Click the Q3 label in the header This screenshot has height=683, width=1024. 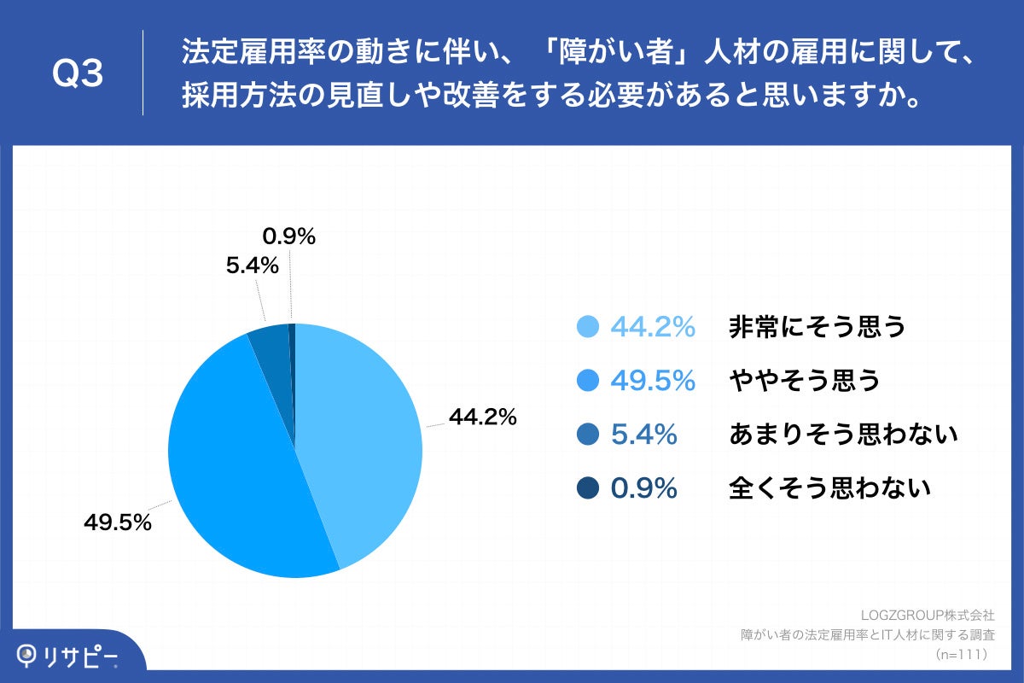78,74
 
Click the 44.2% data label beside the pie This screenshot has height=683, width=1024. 483,417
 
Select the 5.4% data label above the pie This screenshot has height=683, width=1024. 253,266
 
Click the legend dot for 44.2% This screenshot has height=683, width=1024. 587,327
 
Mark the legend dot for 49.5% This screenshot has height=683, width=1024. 587,381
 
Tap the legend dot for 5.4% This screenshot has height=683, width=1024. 587,435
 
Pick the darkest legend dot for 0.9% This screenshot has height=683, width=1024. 587,488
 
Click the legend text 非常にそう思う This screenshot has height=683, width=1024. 817,327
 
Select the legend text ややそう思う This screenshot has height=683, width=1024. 804,381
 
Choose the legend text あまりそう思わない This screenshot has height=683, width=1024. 844,435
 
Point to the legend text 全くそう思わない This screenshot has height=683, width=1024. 829,488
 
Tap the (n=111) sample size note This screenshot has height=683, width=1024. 961,655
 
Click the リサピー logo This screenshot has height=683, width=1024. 68,657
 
